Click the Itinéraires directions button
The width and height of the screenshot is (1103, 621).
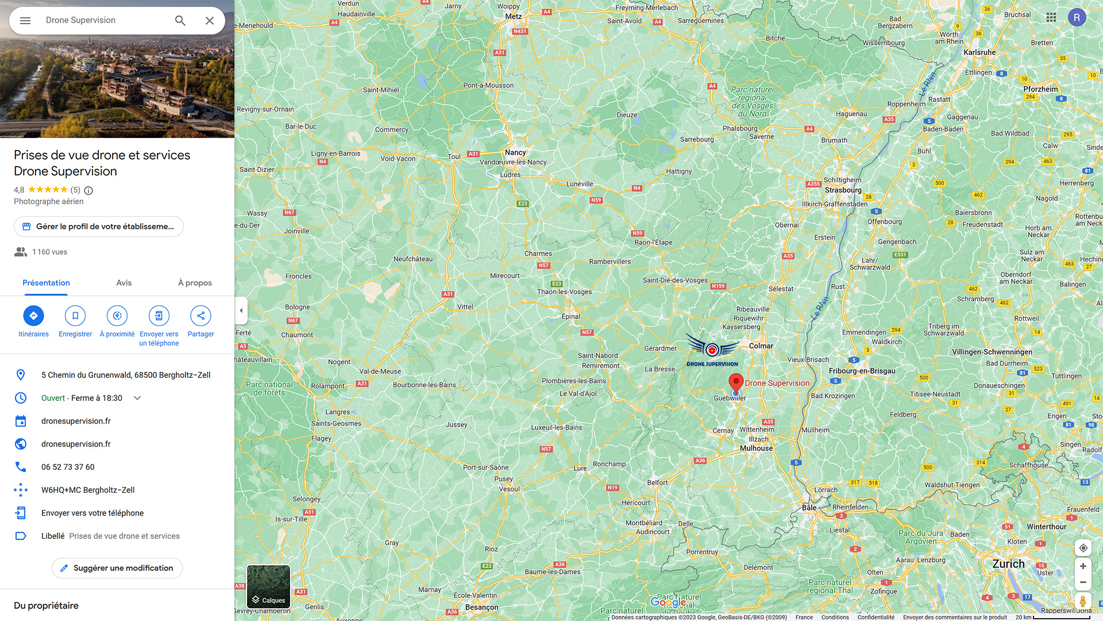click(33, 316)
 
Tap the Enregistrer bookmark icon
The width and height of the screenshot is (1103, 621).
click(75, 316)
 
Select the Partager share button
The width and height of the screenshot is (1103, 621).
click(200, 316)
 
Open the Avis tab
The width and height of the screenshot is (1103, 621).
click(124, 283)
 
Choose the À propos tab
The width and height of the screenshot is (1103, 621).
click(195, 283)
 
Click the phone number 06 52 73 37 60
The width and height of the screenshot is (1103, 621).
click(68, 467)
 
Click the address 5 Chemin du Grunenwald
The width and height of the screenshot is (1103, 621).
click(126, 375)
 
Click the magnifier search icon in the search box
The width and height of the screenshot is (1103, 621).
click(180, 21)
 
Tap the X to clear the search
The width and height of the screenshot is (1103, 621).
click(210, 21)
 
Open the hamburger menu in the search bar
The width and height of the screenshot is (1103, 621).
click(25, 21)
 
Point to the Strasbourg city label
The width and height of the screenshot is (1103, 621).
click(843, 190)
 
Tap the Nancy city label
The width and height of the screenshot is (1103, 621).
click(515, 152)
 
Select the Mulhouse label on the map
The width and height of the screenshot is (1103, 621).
click(756, 448)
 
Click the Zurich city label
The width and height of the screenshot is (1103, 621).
click(1008, 564)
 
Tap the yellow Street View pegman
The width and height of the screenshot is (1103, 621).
click(1082, 601)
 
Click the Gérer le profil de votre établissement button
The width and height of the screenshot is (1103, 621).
click(99, 227)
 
